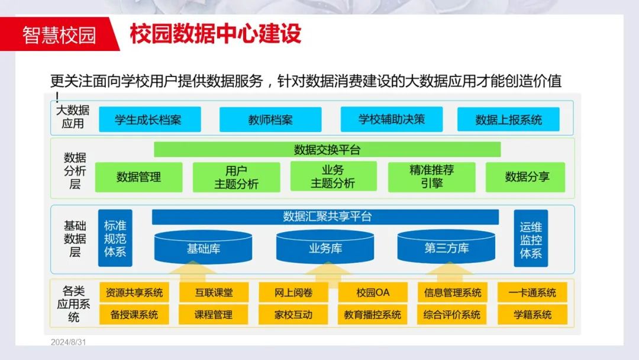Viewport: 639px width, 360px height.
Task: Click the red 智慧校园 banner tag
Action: [59, 34]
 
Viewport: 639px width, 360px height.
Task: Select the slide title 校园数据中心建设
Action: [215, 34]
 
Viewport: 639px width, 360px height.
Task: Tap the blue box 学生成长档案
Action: [149, 120]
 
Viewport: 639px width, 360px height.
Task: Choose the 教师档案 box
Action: [270, 120]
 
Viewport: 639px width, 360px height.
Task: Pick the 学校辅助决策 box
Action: [392, 119]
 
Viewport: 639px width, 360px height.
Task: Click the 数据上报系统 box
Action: [509, 120]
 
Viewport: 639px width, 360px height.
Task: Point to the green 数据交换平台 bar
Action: [327, 150]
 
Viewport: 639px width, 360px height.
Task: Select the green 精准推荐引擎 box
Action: [431, 176]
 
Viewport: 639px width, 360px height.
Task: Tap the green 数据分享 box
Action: [527, 176]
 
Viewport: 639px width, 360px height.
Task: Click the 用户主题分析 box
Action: [236, 177]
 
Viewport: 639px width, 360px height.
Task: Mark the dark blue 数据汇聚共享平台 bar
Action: [327, 217]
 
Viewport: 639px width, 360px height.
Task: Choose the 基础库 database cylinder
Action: [204, 247]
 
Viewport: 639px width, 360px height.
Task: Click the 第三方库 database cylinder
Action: [446, 247]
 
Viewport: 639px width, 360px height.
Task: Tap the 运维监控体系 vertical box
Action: [531, 239]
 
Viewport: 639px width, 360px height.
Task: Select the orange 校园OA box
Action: [373, 292]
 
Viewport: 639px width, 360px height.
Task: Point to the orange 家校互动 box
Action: [293, 314]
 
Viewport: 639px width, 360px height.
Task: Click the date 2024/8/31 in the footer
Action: [69, 342]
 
